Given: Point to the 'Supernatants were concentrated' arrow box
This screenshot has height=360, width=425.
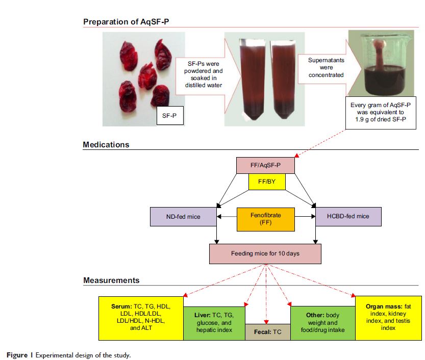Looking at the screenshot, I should (x=326, y=67).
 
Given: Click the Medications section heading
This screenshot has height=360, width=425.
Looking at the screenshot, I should (x=106, y=145).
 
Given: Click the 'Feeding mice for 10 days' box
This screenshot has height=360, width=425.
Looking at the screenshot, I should (x=265, y=253).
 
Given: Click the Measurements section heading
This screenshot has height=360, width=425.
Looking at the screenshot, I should (x=111, y=280).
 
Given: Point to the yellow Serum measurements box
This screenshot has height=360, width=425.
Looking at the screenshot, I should (x=141, y=318).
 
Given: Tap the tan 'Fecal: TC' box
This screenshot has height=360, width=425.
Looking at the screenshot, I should (x=267, y=331).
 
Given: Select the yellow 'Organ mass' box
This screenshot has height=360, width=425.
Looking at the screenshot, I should (x=388, y=318).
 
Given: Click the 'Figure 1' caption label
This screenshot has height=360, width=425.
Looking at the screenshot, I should (x=20, y=354).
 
